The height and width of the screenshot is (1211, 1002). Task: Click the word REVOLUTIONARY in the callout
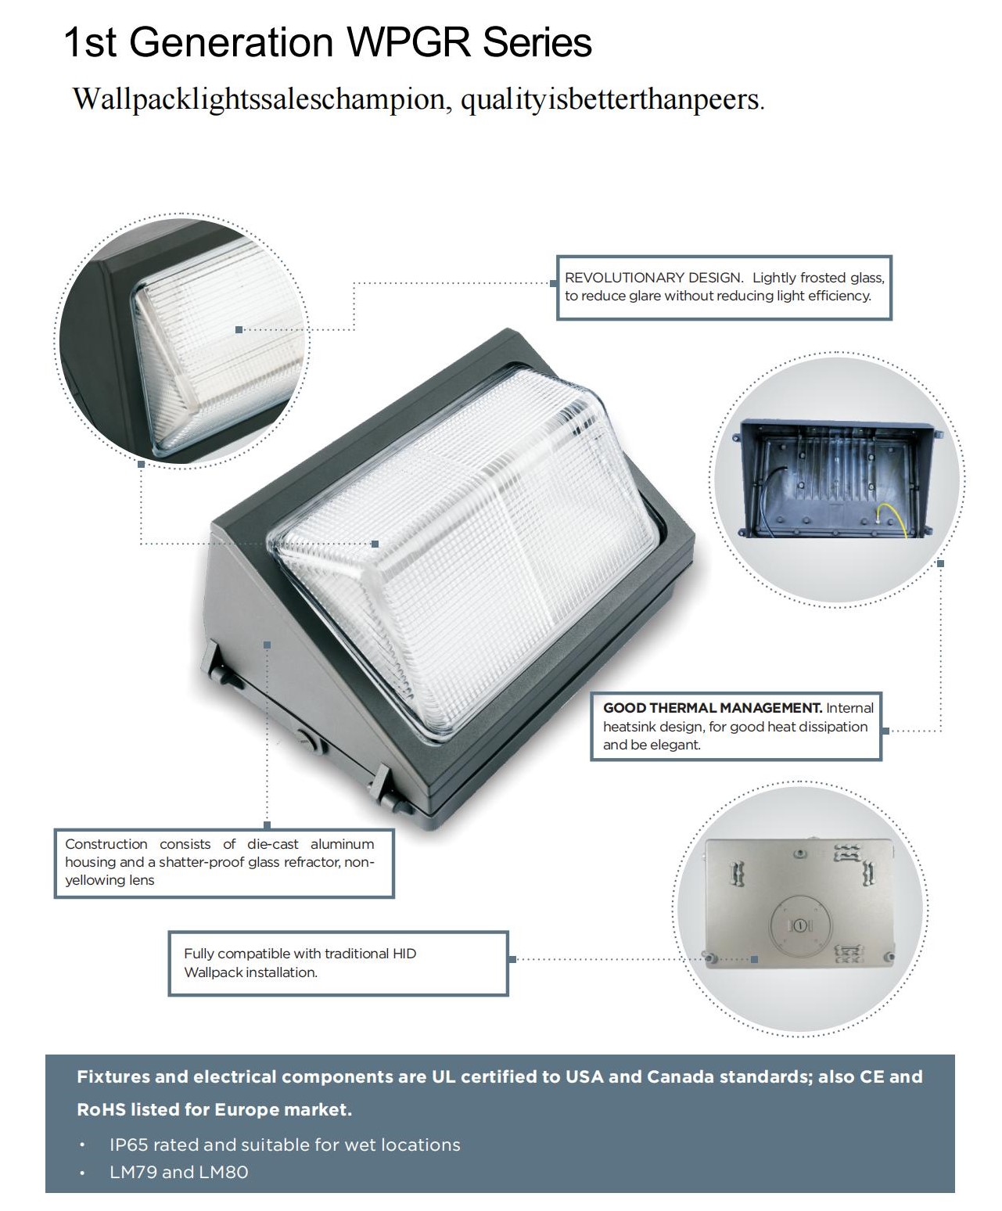(x=614, y=278)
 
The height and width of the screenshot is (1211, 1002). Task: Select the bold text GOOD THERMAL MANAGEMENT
(x=712, y=708)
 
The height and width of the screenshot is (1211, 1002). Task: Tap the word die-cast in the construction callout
(x=273, y=844)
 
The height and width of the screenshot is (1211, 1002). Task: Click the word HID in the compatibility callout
(x=404, y=954)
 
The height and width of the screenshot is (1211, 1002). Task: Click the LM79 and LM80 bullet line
(x=178, y=1172)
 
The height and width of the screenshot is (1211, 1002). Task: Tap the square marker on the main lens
(x=375, y=544)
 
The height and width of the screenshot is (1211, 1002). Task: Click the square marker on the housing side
(x=267, y=645)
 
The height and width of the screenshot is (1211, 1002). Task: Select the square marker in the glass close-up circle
(x=239, y=329)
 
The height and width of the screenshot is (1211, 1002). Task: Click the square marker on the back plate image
(x=754, y=959)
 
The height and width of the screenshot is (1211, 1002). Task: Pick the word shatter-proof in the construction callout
(x=202, y=862)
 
